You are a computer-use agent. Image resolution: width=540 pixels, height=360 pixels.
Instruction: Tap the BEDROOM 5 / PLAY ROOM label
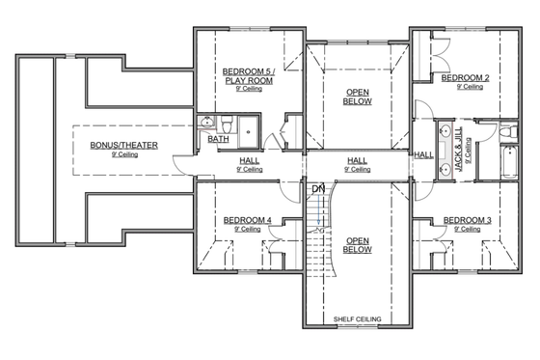249,75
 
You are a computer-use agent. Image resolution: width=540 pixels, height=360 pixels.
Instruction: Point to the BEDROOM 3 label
467,221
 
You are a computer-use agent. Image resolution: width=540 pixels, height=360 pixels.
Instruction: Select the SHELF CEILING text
357,318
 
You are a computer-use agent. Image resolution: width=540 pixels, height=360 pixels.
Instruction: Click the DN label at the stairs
317,188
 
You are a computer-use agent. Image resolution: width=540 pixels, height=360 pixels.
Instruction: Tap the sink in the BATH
207,124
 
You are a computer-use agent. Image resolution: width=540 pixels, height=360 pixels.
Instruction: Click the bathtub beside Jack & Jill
509,163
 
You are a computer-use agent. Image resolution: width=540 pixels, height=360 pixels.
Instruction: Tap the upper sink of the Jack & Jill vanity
446,133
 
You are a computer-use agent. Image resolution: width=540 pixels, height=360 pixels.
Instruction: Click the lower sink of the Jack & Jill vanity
446,170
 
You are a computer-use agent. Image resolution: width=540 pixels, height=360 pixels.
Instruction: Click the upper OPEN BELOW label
357,96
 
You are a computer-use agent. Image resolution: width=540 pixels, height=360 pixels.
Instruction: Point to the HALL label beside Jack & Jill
423,154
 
